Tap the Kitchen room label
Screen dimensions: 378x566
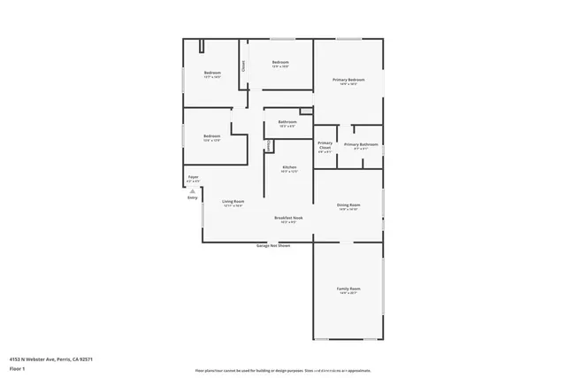click(x=289, y=166)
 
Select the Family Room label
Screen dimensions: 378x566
click(x=348, y=289)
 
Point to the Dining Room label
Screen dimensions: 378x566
click(x=348, y=205)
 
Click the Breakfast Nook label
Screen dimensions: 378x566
click(x=289, y=217)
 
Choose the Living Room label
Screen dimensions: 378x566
click(x=233, y=203)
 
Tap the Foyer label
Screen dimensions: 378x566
click(x=193, y=177)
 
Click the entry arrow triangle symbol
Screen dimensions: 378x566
click(x=192, y=190)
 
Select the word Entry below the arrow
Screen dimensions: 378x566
click(x=192, y=197)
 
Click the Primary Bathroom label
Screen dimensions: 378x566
click(x=361, y=144)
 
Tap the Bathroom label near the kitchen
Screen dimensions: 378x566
click(x=287, y=121)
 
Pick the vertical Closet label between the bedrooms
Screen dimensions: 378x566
click(x=243, y=65)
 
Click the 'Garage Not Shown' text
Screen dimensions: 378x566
click(x=273, y=245)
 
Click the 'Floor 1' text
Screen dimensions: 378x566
click(x=17, y=366)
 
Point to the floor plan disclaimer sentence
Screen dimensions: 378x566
click(x=282, y=370)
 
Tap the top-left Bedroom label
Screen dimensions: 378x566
click(x=212, y=73)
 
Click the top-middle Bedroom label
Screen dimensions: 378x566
click(x=280, y=62)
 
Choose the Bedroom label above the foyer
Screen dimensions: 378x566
click(x=212, y=136)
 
